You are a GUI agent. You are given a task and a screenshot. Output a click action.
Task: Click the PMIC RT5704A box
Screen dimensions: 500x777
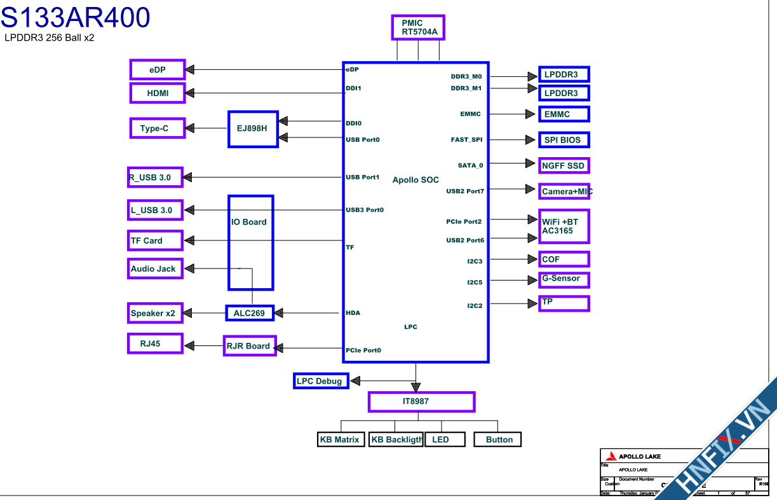point(419,27)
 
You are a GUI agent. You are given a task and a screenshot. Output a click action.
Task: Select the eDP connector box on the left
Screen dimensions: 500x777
point(158,70)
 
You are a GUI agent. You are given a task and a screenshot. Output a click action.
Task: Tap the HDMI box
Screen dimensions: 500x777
point(158,93)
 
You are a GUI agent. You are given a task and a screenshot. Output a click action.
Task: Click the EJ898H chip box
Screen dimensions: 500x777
point(253,128)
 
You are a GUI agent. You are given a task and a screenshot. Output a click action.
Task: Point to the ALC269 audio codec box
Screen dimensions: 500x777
point(250,313)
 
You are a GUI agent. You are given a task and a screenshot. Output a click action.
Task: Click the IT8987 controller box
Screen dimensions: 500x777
point(421,402)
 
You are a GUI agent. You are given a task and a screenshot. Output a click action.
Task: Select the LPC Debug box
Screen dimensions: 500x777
point(320,381)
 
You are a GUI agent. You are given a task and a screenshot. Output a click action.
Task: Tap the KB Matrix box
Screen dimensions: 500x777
point(340,440)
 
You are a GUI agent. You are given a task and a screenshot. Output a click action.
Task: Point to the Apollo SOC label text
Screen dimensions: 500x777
point(416,180)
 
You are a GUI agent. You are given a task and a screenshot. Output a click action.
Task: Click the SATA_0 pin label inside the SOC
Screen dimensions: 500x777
point(470,165)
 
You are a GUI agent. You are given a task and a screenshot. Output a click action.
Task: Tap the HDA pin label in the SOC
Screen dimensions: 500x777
point(353,313)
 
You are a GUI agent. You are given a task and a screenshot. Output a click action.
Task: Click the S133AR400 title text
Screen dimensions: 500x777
point(75,18)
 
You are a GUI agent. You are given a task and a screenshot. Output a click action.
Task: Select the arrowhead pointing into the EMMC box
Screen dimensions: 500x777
point(530,115)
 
